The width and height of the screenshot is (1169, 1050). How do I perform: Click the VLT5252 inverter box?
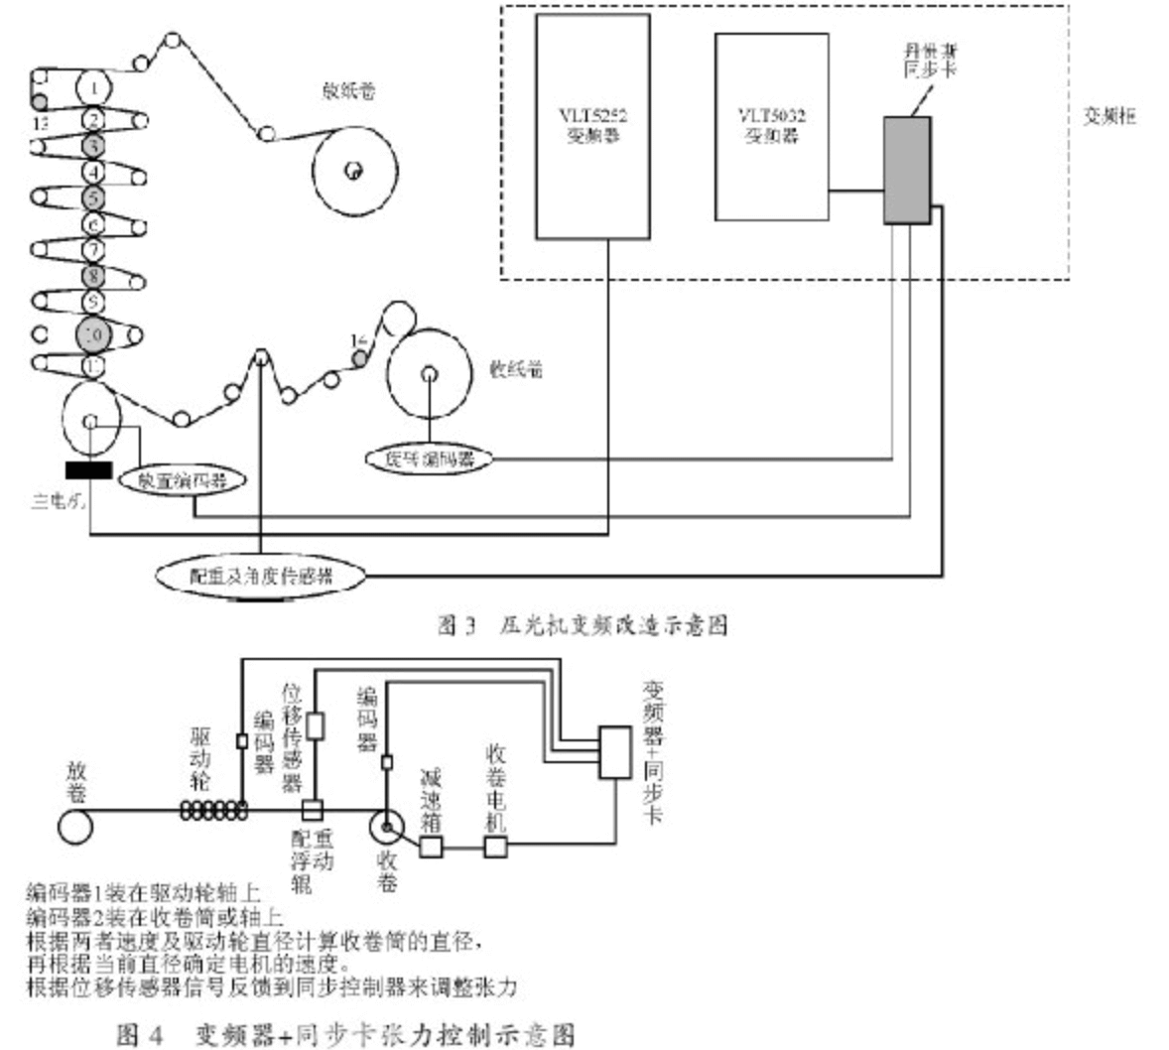tap(592, 126)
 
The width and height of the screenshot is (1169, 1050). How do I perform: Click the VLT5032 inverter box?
tap(771, 126)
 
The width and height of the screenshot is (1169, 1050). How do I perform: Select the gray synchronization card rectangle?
tap(907, 170)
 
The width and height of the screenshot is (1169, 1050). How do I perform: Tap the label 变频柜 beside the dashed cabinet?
tap(1108, 116)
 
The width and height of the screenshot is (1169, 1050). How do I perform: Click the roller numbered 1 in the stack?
tap(93, 88)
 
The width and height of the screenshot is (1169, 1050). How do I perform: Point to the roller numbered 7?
tap(93, 249)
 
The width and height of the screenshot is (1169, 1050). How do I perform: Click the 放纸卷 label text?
tap(347, 91)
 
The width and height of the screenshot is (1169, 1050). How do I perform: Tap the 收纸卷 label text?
tap(516, 370)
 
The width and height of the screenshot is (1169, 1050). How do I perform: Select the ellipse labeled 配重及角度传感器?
tap(261, 575)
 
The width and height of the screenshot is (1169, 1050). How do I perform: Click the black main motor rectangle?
tap(88, 469)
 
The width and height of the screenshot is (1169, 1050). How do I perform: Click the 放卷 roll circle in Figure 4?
tap(75, 826)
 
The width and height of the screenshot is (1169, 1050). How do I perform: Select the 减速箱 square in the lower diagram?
tap(431, 847)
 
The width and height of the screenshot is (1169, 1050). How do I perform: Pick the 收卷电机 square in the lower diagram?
tap(495, 847)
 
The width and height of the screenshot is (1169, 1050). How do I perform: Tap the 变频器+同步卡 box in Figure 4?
tap(615, 751)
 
